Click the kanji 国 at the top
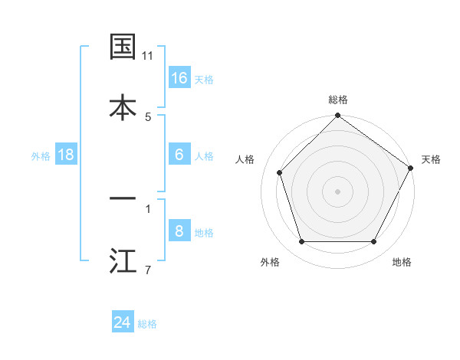123,47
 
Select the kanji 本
123,107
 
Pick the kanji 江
123,260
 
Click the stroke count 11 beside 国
148,56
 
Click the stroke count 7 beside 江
148,269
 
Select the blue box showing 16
179,78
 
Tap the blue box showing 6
179,155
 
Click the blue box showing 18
66,155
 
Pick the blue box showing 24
123,322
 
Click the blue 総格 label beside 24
148,324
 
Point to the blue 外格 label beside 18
41,156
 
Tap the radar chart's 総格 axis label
338,100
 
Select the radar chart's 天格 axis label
431,159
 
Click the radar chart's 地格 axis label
402,262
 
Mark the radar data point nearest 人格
280,172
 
